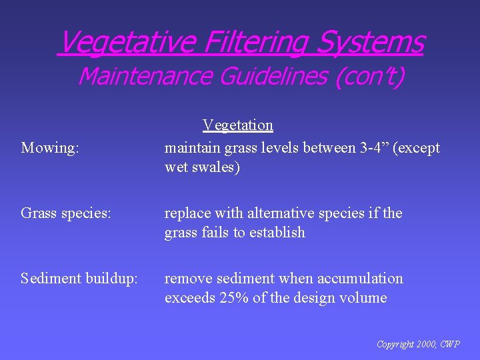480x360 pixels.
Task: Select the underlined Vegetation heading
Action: pos(238,125)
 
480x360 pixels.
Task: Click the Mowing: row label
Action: pos(50,148)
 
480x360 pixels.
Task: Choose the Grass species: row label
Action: pos(65,213)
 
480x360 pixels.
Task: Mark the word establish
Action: pos(277,233)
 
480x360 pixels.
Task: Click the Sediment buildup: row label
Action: pos(79,279)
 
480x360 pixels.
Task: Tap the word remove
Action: pos(185,279)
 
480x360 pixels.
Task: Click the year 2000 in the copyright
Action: pos(425,344)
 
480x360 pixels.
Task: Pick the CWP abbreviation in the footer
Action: pos(449,344)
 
